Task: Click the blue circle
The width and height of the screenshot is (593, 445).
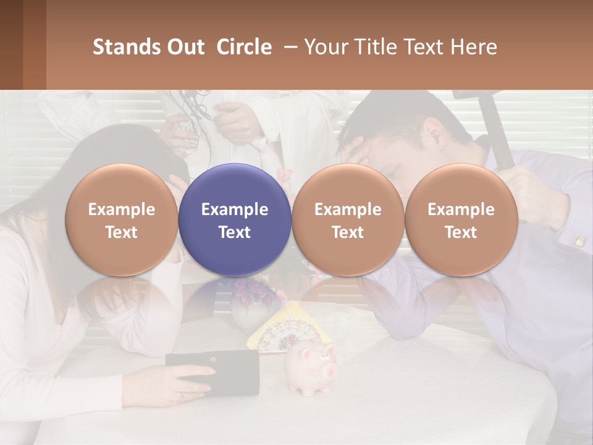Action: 234,219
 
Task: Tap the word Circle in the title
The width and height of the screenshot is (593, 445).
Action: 244,47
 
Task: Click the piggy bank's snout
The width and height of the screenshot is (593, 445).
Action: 328,371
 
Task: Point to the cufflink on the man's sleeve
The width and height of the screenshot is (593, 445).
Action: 580,242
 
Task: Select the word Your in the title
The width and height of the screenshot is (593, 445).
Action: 325,47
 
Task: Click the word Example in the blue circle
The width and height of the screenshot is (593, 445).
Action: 234,210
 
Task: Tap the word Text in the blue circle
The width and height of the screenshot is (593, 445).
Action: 234,232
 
